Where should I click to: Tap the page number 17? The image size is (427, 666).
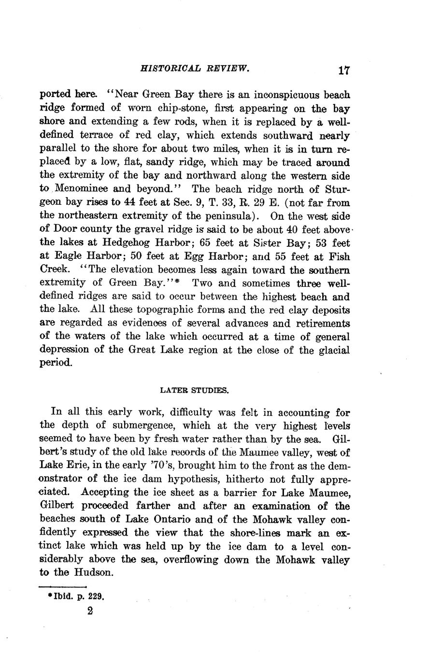[x=343, y=71]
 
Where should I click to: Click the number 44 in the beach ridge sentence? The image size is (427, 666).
[x=144, y=203]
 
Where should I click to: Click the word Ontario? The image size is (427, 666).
[x=165, y=520]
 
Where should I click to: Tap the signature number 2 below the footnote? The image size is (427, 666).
[x=90, y=610]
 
